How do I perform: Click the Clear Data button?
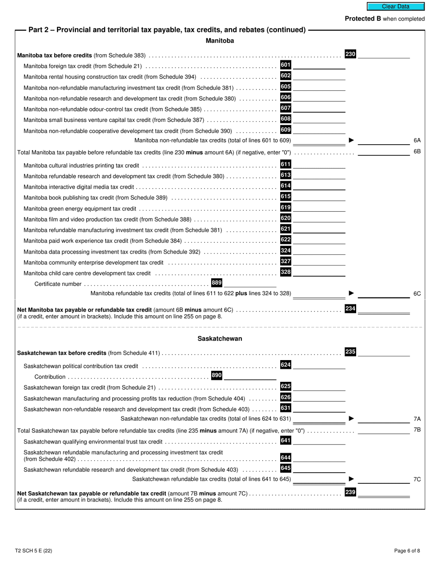pos(396,6)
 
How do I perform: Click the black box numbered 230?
pos(350,54)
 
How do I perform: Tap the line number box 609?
pos(286,130)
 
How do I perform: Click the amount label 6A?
pos(417,140)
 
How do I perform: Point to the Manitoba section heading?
pos(220,41)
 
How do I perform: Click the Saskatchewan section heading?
pos(220,339)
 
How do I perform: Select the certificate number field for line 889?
pos(250,283)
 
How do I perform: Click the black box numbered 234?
pos(350,308)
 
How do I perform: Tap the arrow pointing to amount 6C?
pos(351,293)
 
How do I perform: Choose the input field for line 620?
pos(319,218)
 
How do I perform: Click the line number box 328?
pos(286,272)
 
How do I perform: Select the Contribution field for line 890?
pos(250,376)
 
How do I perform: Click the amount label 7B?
pos(417,430)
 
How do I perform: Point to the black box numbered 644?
pos(286,458)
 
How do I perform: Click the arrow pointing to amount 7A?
pos(351,418)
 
